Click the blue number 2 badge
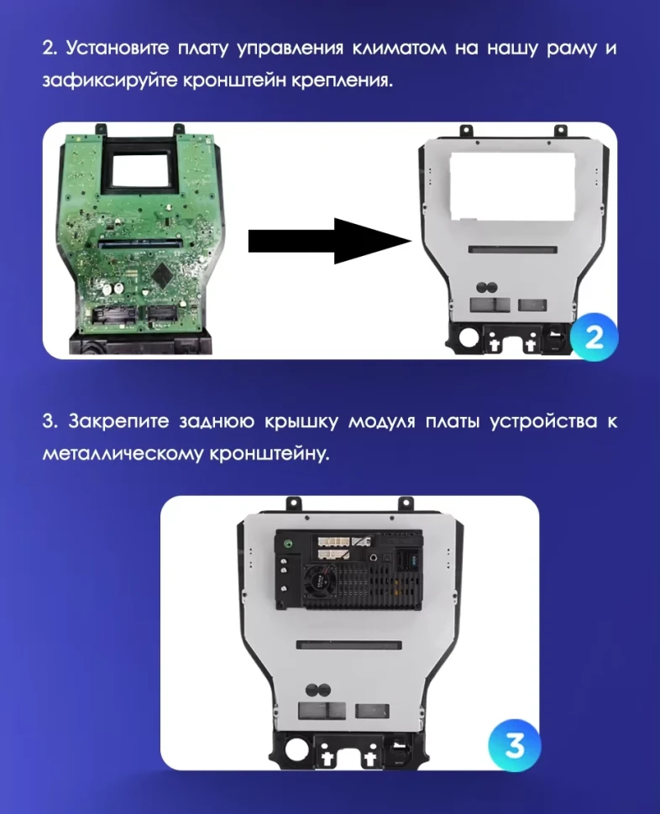(594, 337)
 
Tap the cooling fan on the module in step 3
(321, 580)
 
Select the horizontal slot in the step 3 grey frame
(349, 644)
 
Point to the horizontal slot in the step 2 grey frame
(511, 250)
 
